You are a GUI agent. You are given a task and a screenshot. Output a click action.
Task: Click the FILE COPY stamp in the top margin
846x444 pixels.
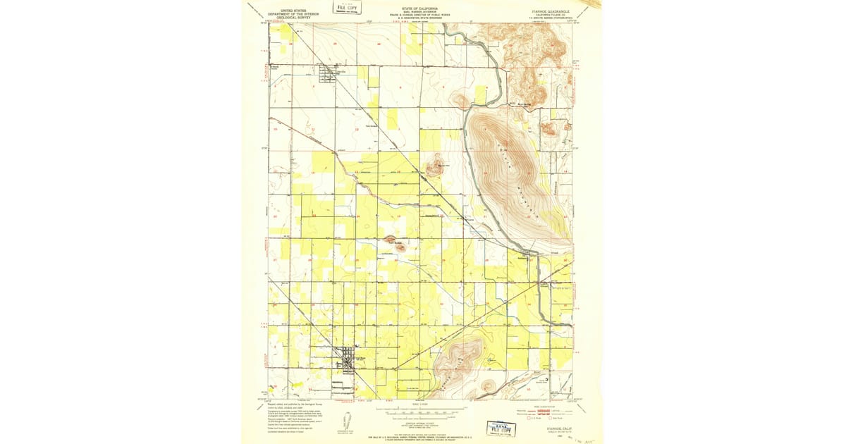coord(345,8)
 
